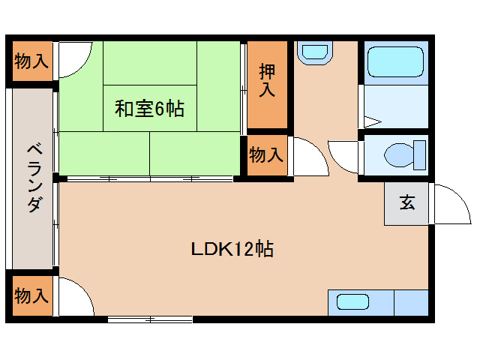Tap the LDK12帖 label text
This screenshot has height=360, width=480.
pos(230,249)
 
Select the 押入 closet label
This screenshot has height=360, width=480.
pos(267,81)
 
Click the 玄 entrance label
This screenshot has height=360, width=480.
pos(406,202)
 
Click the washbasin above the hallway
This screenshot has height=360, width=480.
pos(313,52)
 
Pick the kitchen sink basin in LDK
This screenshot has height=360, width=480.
pos(352,301)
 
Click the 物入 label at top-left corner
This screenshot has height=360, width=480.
pos(32,62)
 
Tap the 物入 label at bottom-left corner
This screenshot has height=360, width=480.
pos(32,295)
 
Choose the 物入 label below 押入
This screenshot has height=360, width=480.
pos(267,155)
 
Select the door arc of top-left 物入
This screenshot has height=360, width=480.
pos(75,60)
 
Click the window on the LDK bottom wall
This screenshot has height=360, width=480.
pos(150,319)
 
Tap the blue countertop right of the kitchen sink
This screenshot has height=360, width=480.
pos(410,301)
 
